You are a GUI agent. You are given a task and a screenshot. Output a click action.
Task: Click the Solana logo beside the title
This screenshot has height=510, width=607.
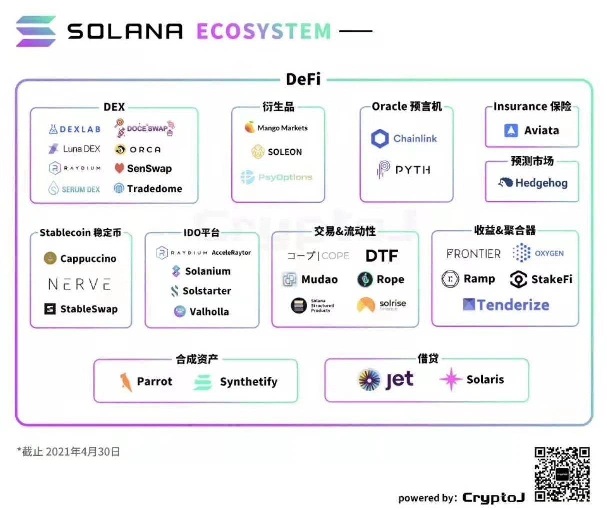pos(36,31)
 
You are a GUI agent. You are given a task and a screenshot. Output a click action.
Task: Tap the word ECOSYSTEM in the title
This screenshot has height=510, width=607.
pos(263,31)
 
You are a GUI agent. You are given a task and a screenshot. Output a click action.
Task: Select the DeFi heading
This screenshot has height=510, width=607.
pos(303,79)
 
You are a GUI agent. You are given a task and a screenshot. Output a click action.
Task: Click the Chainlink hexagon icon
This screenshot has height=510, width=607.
pos(380,139)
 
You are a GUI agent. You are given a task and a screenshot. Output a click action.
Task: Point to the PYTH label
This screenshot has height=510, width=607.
pos(413,170)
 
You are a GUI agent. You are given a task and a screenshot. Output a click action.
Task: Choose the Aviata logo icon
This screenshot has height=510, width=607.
pos(511,131)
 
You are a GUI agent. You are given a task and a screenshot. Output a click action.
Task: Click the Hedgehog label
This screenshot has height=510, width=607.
pos(541,183)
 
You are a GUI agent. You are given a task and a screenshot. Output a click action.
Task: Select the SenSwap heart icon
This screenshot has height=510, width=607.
pos(119,168)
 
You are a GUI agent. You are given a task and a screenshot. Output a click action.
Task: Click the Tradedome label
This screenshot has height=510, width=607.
pos(154,189)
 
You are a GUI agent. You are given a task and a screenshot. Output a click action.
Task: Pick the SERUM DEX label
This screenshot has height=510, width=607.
pos(81,190)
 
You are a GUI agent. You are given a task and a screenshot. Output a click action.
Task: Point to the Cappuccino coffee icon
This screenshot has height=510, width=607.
pos(50,258)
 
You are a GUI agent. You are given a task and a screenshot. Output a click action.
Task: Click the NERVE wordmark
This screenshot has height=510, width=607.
pos(79,284)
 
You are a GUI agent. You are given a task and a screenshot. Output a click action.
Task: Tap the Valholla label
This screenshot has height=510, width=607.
pos(209,312)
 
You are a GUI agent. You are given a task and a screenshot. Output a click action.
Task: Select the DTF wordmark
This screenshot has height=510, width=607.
pos(382,256)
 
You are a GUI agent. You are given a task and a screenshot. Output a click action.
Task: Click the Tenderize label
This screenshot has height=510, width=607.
pos(513,305)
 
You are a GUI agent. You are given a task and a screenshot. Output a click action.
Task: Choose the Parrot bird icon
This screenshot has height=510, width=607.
pos(125,382)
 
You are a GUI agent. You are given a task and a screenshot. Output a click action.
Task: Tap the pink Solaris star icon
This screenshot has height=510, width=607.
pos(450,379)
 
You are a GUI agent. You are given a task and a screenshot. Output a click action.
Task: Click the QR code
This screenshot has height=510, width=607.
pos(562,474)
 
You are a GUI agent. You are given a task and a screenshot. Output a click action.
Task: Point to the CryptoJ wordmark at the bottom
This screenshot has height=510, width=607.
pos(493,498)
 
